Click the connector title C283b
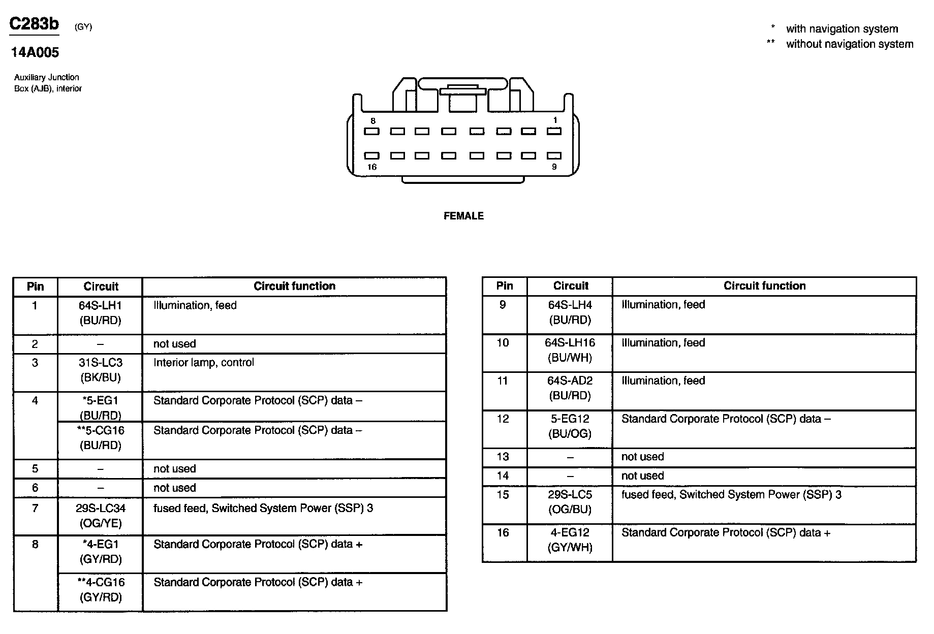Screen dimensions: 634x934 pyautogui.click(x=34, y=24)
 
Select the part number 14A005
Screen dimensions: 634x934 pyautogui.click(x=35, y=52)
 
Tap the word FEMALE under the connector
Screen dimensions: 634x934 pyautogui.click(x=463, y=216)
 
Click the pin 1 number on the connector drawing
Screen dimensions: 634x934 pyautogui.click(x=555, y=120)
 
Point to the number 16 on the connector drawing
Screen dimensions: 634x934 pyautogui.click(x=372, y=167)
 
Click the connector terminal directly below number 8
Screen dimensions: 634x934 pyautogui.click(x=372, y=132)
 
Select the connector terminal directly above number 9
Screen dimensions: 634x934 pyautogui.click(x=554, y=155)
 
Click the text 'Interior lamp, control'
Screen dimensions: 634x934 pyautogui.click(x=203, y=363)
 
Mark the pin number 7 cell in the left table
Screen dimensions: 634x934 pyautogui.click(x=35, y=508)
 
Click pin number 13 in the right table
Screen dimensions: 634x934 pyautogui.click(x=503, y=457)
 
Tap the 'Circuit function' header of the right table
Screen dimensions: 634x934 pyautogui.click(x=764, y=286)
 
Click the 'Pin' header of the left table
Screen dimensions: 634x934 pyautogui.click(x=35, y=287)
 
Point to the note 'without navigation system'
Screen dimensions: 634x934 pyautogui.click(x=849, y=44)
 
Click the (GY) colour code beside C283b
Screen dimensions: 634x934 pyautogui.click(x=83, y=27)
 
